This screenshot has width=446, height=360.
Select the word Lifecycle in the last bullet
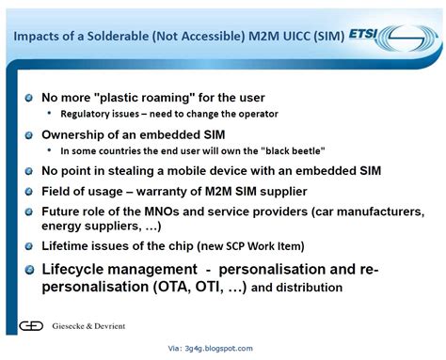pyautogui.click(x=78, y=270)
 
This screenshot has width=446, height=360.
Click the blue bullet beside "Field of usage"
pyautogui.click(x=30, y=191)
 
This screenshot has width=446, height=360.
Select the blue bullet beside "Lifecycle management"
pyautogui.click(x=30, y=270)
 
